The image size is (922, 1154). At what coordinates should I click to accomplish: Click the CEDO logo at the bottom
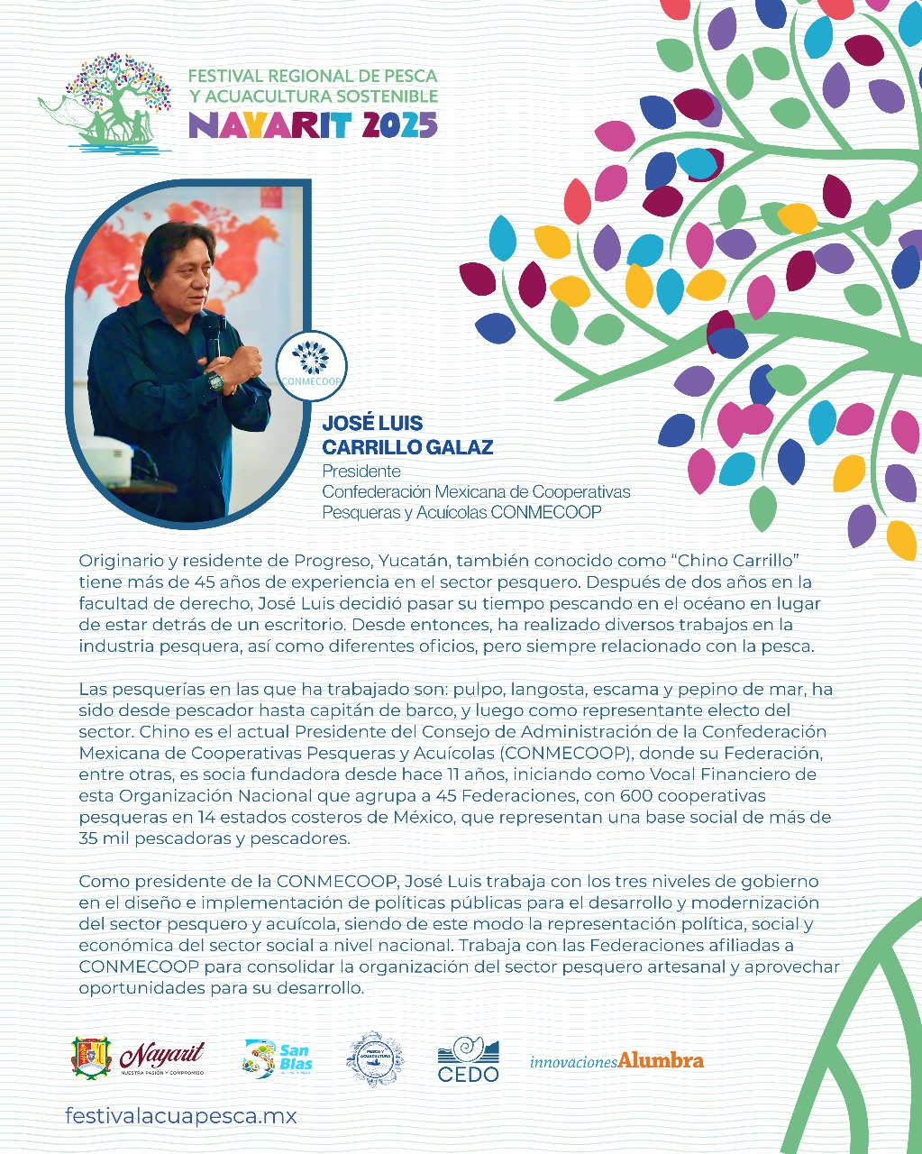point(468,1059)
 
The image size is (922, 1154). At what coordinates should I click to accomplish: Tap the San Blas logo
point(278,1058)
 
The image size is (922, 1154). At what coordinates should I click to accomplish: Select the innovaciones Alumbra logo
point(616,1061)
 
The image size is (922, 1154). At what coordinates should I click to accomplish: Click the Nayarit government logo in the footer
point(138,1058)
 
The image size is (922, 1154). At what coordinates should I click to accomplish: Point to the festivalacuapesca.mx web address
point(180,1116)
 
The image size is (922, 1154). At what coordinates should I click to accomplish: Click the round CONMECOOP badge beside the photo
point(312,366)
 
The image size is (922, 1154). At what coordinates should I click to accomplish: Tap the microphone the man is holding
point(214,334)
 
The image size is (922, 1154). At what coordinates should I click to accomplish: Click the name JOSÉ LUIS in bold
point(372,424)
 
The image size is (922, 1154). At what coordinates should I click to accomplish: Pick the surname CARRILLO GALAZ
point(407,447)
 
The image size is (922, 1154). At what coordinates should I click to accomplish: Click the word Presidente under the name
point(361,471)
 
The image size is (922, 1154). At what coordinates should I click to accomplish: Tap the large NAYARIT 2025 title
point(313,124)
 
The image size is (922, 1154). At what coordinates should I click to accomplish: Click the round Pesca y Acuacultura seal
point(375,1059)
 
